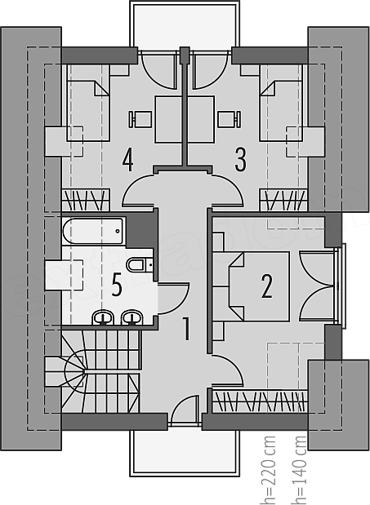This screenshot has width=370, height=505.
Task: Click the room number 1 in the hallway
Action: pyautogui.click(x=186, y=329)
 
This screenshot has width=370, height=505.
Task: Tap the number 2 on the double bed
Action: pyautogui.click(x=266, y=286)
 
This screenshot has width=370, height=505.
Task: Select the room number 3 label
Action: pyautogui.click(x=240, y=159)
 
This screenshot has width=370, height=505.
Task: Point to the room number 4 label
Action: pyautogui.click(x=128, y=159)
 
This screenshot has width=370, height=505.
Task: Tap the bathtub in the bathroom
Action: pyautogui.click(x=92, y=231)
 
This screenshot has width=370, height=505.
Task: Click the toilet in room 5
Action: pyautogui.click(x=140, y=265)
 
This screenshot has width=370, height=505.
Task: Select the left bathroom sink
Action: pyautogui.click(x=103, y=317)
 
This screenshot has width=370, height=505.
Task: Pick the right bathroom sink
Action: pyautogui.click(x=132, y=317)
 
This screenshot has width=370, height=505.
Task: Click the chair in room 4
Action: pyautogui.click(x=140, y=119)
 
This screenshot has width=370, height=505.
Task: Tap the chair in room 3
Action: pyautogui.click(x=230, y=119)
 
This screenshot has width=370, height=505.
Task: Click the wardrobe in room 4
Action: pyautogui.click(x=86, y=200)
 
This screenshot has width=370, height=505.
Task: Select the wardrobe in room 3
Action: pyautogui.click(x=283, y=200)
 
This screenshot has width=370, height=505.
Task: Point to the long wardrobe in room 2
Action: pyautogui.click(x=260, y=401)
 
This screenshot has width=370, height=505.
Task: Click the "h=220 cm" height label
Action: pyautogui.click(x=268, y=470)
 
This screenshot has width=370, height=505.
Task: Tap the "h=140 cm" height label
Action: pyautogui.click(x=298, y=470)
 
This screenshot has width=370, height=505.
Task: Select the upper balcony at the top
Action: pyautogui.click(x=185, y=25)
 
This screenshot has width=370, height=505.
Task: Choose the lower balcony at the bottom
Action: pyautogui.click(x=185, y=453)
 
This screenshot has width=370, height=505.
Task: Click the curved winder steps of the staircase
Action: pyautogui.click(x=74, y=371)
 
